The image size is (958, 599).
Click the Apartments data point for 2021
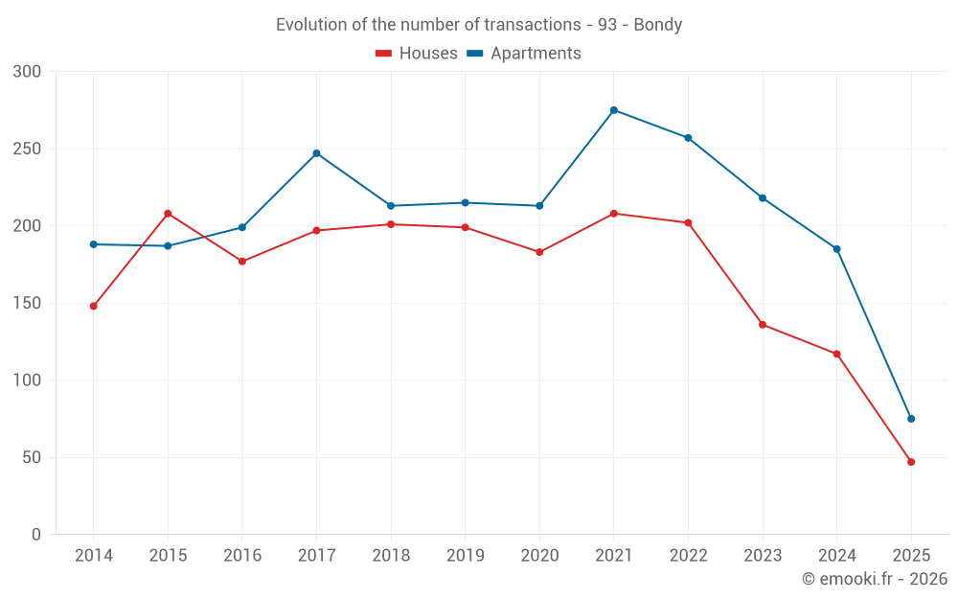coord(614,110)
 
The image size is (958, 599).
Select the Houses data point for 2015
coord(168,214)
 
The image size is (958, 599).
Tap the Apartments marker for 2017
coord(316,153)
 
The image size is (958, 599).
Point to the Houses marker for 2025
coord(911,462)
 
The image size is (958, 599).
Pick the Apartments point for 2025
coord(911,419)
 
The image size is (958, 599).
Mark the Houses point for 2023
coord(763,325)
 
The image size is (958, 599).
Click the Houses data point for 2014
coord(94,306)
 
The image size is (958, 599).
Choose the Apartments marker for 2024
coord(836,249)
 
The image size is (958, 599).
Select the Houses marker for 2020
coord(539,252)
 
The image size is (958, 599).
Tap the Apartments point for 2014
coord(94,244)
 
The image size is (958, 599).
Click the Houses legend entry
coord(417,54)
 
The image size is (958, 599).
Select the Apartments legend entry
coord(524,54)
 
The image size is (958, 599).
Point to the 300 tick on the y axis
coord(29,72)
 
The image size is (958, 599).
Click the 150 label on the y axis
coord(29,304)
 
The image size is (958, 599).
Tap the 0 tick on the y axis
coord(36,535)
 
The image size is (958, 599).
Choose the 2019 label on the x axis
coord(466,556)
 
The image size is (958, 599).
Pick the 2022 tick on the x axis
coord(688,556)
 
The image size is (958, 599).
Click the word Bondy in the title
coord(657,25)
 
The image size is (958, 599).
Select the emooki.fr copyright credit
coord(875,579)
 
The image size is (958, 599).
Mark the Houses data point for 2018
coord(391,224)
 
